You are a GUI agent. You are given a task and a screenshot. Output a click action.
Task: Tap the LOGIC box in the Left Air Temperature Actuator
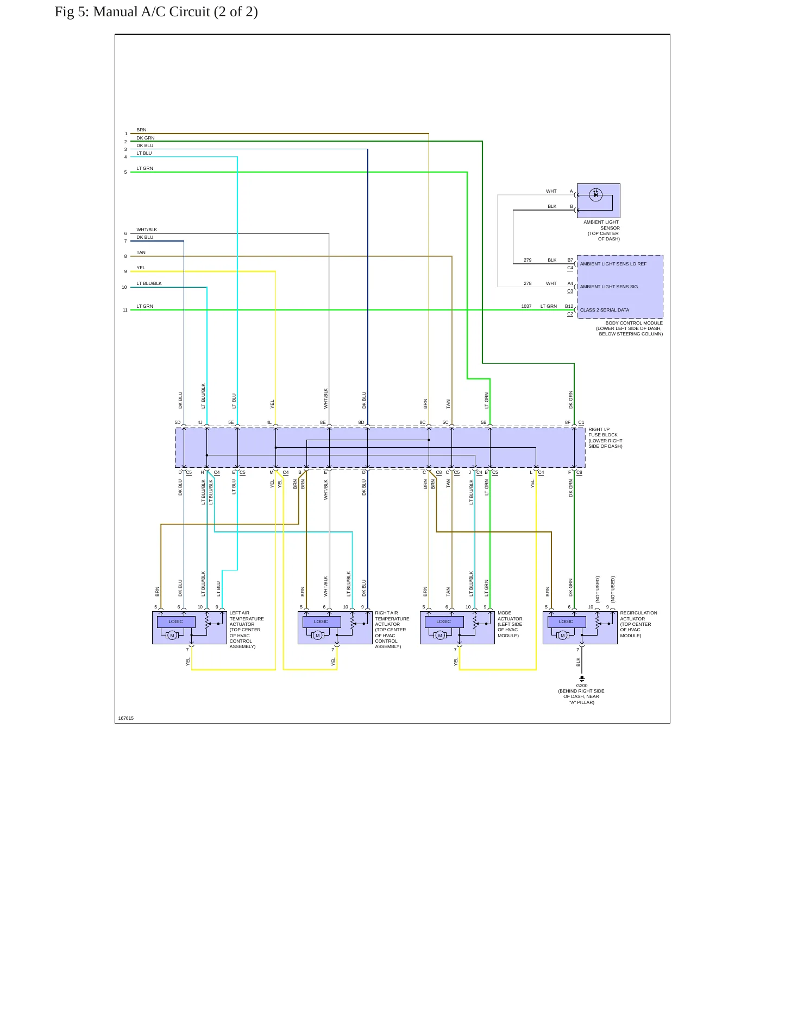pos(175,622)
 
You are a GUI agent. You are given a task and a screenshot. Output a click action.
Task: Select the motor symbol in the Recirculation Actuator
pos(562,636)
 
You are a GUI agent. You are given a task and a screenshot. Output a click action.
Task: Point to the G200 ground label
pos(581,686)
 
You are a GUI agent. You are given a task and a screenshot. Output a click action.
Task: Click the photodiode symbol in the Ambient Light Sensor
pos(595,194)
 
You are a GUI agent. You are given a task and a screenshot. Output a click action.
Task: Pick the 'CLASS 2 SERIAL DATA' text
pos(604,310)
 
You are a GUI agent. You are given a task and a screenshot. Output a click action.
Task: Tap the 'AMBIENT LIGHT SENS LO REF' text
pos(613,264)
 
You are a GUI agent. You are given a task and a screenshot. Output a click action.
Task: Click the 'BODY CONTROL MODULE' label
pos(634,323)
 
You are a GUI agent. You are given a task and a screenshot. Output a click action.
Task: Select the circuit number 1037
pos(526,307)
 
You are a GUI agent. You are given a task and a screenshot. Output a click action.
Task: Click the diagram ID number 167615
pos(125,718)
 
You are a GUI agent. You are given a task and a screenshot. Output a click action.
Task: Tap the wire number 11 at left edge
pos(125,310)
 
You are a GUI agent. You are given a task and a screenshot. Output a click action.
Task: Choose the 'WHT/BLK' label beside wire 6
pos(147,230)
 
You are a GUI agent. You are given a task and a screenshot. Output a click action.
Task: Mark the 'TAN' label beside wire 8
pos(141,253)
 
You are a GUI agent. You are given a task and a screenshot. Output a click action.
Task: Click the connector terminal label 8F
pos(568,423)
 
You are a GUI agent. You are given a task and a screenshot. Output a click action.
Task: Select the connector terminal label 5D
pos(177,423)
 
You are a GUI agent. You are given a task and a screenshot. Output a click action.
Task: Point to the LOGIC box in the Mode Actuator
pos(443,622)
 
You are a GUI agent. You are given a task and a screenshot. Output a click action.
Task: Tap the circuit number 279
pos(527,261)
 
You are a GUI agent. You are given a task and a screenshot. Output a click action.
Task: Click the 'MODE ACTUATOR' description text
pos(510,616)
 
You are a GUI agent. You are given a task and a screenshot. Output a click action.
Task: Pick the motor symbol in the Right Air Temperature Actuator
pos(317,636)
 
